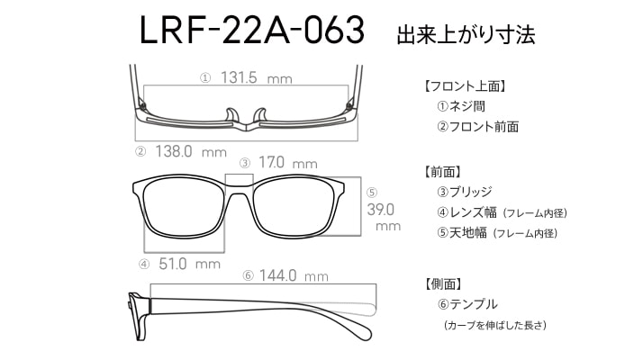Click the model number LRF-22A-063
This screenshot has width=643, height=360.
pos(252,30)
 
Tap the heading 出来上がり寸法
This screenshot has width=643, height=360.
pos(466,34)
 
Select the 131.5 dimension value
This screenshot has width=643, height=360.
pos(239,77)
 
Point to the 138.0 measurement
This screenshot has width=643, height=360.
pos(174,151)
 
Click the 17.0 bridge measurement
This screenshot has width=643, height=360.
pos(271,162)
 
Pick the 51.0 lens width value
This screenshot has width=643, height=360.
pos(173,264)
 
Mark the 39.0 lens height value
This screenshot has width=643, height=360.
pos(381,210)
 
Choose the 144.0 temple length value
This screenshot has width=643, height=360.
pos(277,275)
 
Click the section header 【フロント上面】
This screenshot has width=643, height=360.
pos(465,86)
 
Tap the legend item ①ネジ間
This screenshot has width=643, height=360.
pos(461,106)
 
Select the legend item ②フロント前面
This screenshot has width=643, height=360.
pos(477,126)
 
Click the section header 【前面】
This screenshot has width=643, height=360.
pos(442,171)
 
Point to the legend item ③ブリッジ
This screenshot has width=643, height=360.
pos(464,192)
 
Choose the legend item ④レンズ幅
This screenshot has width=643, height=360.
pos(466,212)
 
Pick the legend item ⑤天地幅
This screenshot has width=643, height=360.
pos(462,233)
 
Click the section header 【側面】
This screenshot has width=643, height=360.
pos(442,283)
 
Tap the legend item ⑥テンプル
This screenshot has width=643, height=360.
pos(467,304)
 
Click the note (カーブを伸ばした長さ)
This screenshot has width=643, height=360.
pos(495,325)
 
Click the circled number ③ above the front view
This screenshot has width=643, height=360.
pos(245,163)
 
